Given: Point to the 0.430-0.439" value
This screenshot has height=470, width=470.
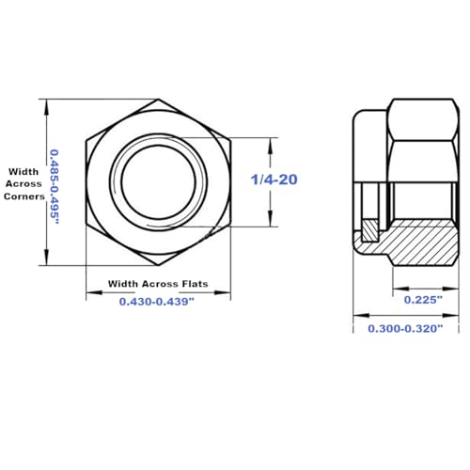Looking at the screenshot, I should click(x=157, y=301).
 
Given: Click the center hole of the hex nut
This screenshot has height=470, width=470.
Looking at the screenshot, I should click(x=158, y=182).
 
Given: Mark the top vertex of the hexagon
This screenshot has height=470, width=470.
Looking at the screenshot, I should click(x=158, y=100).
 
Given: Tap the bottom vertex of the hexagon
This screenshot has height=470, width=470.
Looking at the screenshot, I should click(x=158, y=266).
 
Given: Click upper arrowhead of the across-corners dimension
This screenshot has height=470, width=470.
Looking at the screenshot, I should click(x=45, y=104).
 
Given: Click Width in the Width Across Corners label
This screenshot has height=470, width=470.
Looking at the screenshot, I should click(x=23, y=171).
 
